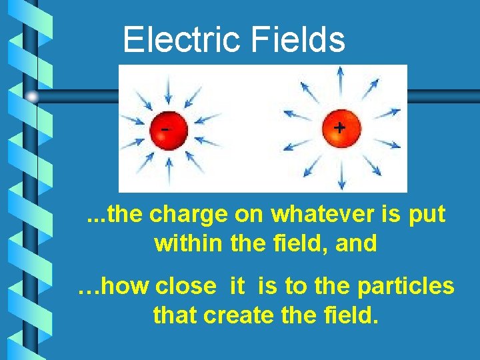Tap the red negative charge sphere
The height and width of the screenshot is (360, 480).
169,129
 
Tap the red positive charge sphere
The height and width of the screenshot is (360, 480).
340,128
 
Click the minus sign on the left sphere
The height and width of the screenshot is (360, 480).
164,127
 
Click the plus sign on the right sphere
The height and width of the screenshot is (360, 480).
339,127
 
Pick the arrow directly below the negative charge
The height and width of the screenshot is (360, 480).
169,172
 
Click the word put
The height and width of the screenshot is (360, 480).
427,216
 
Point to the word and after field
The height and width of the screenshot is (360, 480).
356,243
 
